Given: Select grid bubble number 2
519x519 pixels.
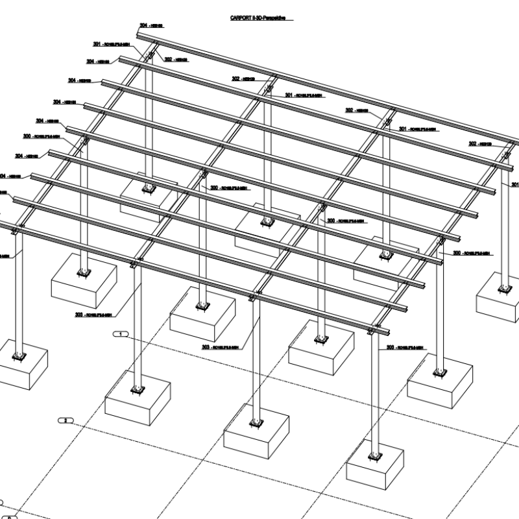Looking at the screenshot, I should click(66, 420).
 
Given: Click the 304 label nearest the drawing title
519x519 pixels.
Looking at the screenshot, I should click(151, 26).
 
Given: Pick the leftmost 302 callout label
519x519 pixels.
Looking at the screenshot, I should click(176, 59).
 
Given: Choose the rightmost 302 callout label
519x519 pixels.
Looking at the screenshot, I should click(481, 143).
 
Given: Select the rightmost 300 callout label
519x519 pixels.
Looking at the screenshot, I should click(470, 253).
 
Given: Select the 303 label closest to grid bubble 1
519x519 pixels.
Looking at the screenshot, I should click(93, 315).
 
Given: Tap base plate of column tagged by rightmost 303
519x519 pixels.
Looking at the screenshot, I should click(374, 455).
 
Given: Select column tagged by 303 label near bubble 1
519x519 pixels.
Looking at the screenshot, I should click(138, 324).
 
